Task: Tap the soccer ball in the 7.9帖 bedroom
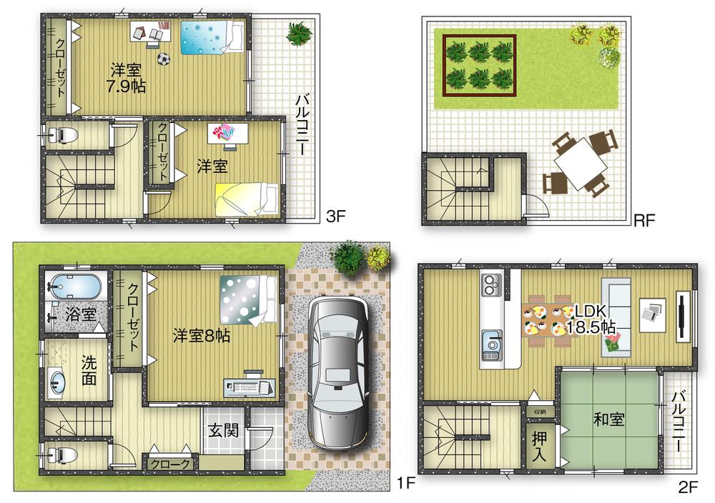(164, 59)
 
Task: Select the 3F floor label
(335, 215)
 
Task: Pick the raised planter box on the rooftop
(479, 64)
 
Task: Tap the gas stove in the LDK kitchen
(491, 286)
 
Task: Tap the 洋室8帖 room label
(202, 336)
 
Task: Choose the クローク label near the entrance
(170, 464)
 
